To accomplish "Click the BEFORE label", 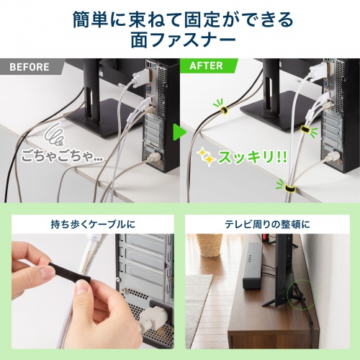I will tap(30, 68).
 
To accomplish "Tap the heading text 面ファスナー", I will tap(180, 39).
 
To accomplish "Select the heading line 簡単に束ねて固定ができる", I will tap(180, 15).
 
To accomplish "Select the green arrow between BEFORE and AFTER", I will tap(177, 132).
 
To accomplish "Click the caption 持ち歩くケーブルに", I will tap(89, 224).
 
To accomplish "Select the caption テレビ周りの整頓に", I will tap(271, 224).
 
